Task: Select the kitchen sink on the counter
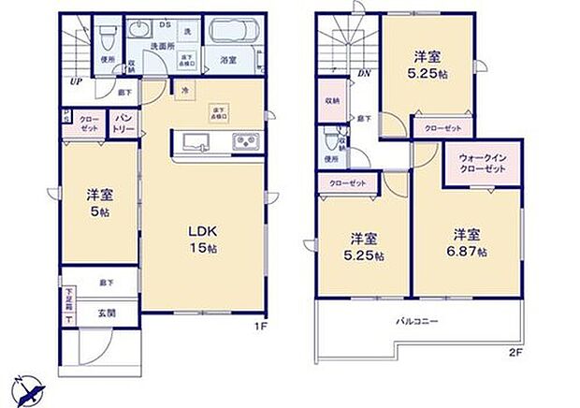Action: pyautogui.click(x=195, y=143)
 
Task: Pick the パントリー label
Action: pyautogui.click(x=123, y=125)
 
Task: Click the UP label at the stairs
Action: pyautogui.click(x=73, y=80)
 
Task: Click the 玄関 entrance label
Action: pyautogui.click(x=105, y=313)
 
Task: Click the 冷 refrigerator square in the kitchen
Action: pyautogui.click(x=184, y=91)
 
